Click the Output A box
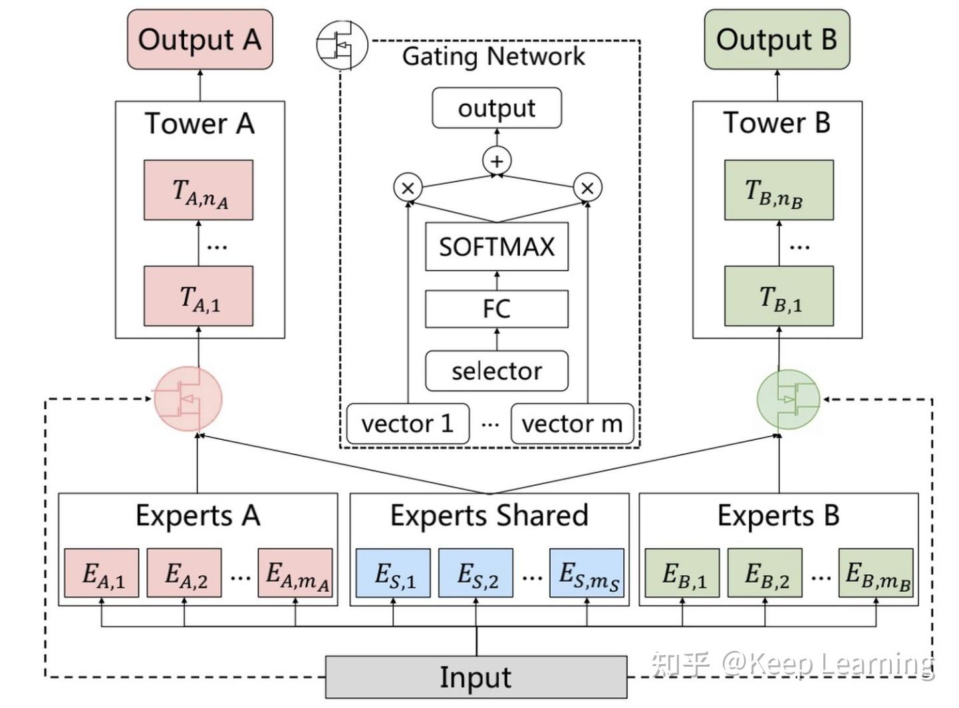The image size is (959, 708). tap(200, 40)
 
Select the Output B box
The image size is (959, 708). tap(777, 40)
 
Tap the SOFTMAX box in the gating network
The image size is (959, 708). tap(497, 247)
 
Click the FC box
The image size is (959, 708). tap(497, 309)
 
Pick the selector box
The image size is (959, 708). tap(497, 371)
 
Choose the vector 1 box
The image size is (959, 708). tap(408, 423)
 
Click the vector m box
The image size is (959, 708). tap(572, 423)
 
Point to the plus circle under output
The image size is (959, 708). tap(497, 161)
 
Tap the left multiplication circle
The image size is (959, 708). tap(408, 188)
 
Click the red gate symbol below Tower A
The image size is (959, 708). tap(188, 399)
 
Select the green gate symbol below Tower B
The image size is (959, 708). tap(789, 399)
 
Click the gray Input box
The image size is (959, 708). tap(476, 677)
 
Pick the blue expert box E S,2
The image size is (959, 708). tap(476, 573)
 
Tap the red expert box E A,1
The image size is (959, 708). tap(102, 573)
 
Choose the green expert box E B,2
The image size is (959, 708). tap(765, 573)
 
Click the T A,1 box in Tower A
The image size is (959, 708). tap(199, 297)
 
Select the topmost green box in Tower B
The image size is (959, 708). tap(779, 190)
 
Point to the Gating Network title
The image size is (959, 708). tap(493, 57)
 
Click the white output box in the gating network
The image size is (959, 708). tap(497, 108)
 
